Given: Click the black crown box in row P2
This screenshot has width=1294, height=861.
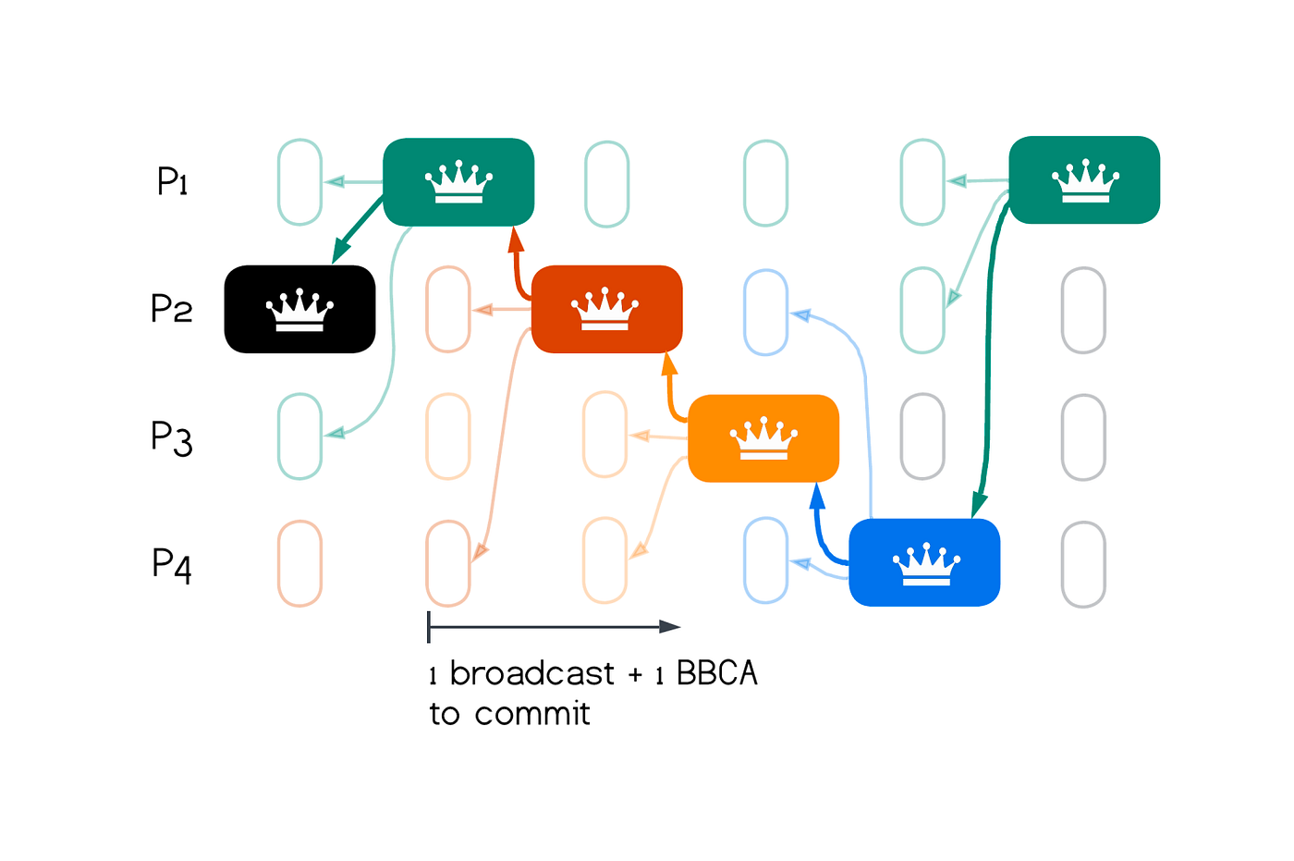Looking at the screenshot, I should click(x=299, y=309).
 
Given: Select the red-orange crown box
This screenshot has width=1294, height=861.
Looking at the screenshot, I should click(x=606, y=309).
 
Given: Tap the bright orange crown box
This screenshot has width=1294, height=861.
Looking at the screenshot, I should click(x=763, y=437).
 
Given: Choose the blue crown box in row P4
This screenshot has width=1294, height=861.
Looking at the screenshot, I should click(x=924, y=562).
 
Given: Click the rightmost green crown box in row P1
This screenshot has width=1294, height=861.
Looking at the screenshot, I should click(x=1084, y=180).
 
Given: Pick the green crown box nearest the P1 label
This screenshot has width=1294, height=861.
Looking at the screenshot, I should click(x=458, y=182).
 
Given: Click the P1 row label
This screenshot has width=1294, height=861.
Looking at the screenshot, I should click(x=173, y=181).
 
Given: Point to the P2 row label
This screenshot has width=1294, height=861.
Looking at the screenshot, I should click(x=172, y=308).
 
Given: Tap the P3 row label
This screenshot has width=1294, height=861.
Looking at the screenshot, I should click(x=172, y=437).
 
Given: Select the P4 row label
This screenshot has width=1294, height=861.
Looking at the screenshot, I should click(x=172, y=563).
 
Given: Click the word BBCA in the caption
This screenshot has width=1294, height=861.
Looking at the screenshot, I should click(x=717, y=673).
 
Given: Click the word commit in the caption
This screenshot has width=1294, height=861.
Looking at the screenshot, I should click(x=532, y=714).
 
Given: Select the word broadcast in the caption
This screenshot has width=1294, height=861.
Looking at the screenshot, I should click(x=531, y=673).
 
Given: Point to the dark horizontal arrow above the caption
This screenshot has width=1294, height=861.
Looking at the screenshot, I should click(x=555, y=627).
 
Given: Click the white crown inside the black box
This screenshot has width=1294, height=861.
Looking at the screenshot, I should click(x=299, y=309).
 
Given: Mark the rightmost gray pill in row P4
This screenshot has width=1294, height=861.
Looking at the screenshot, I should click(x=1083, y=564).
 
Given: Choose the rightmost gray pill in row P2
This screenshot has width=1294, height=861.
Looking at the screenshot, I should click(x=1083, y=310).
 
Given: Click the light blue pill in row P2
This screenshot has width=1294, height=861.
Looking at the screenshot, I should click(x=765, y=312).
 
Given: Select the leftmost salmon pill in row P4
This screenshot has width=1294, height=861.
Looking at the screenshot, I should click(x=299, y=563).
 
